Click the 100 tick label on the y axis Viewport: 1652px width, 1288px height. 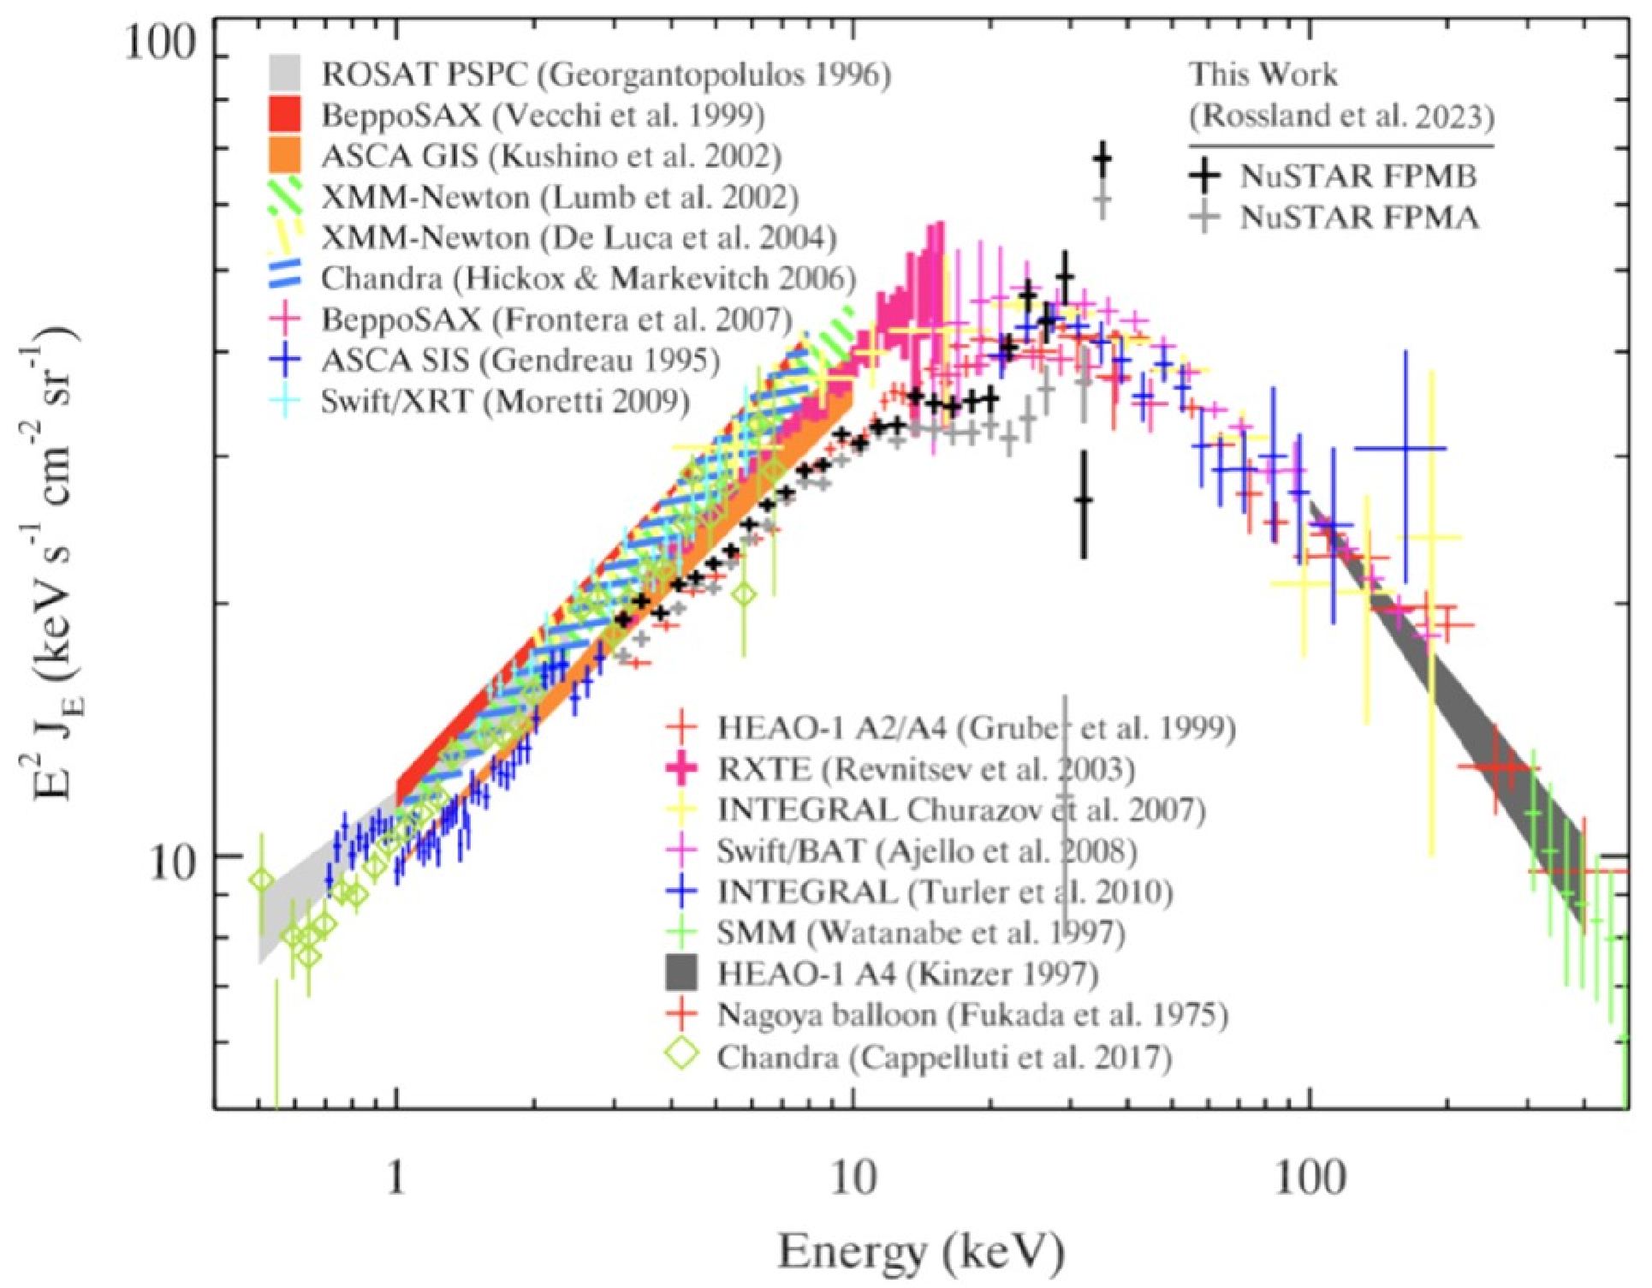click(161, 43)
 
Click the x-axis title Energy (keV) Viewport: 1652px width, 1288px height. click(921, 1252)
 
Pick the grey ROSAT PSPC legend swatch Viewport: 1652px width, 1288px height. click(284, 74)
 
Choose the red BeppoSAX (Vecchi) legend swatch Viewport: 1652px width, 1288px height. click(284, 115)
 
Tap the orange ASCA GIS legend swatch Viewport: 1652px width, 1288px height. click(284, 155)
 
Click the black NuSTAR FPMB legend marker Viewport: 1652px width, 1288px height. click(1207, 176)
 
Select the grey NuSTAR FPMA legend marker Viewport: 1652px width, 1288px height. click(1207, 218)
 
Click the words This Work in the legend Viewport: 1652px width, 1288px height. click(1263, 75)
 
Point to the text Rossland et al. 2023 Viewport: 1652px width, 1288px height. click(1341, 116)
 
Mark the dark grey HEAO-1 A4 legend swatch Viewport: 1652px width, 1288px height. click(681, 974)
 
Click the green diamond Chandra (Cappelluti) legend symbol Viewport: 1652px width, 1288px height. click(681, 1056)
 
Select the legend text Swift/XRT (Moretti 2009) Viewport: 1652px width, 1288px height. click(505, 402)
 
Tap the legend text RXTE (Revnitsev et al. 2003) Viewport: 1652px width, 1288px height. click(925, 769)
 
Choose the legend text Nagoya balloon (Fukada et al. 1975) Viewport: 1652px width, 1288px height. click(972, 1016)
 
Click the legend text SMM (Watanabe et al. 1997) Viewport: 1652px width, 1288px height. click(920, 933)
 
